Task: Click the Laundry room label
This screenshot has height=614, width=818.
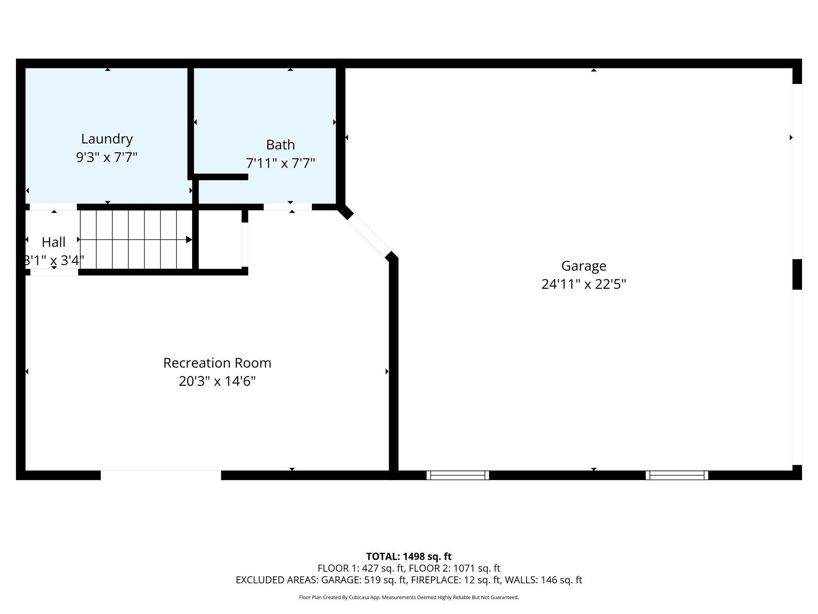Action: (107, 139)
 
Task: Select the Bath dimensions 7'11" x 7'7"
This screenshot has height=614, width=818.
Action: (280, 163)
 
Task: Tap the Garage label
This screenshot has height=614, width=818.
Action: (584, 266)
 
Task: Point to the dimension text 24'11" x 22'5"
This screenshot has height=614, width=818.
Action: (584, 285)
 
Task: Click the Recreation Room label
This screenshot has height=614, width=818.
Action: (217, 363)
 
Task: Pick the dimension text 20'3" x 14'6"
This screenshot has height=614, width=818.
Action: (217, 381)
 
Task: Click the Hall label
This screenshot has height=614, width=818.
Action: (54, 242)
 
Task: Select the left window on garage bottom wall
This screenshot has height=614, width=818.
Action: (458, 475)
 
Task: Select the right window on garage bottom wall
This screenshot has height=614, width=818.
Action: (677, 475)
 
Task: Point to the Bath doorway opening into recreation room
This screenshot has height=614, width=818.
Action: (288, 207)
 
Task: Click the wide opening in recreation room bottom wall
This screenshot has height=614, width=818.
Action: (161, 475)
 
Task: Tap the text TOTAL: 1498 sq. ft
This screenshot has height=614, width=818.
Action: (409, 556)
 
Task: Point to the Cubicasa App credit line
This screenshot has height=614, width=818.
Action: (409, 598)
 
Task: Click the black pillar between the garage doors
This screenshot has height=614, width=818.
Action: (797, 274)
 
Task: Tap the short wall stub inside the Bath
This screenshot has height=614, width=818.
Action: (221, 177)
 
